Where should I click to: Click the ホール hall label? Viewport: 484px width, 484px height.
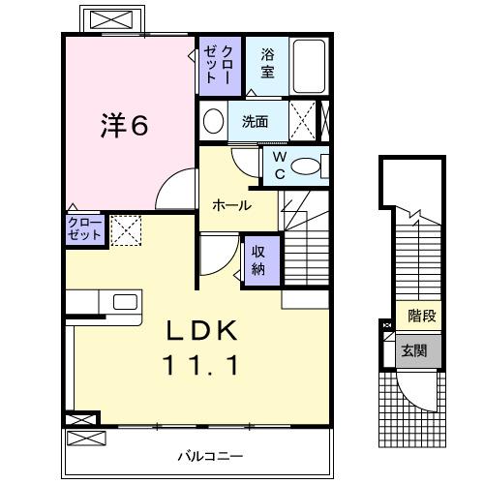pos(232,205)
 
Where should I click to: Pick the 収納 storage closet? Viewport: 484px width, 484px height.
pos(260,259)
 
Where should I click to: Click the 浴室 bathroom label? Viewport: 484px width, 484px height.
pos(267,65)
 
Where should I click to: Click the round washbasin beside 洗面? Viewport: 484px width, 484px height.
pos(212,122)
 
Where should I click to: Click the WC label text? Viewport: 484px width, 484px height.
pos(278,165)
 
